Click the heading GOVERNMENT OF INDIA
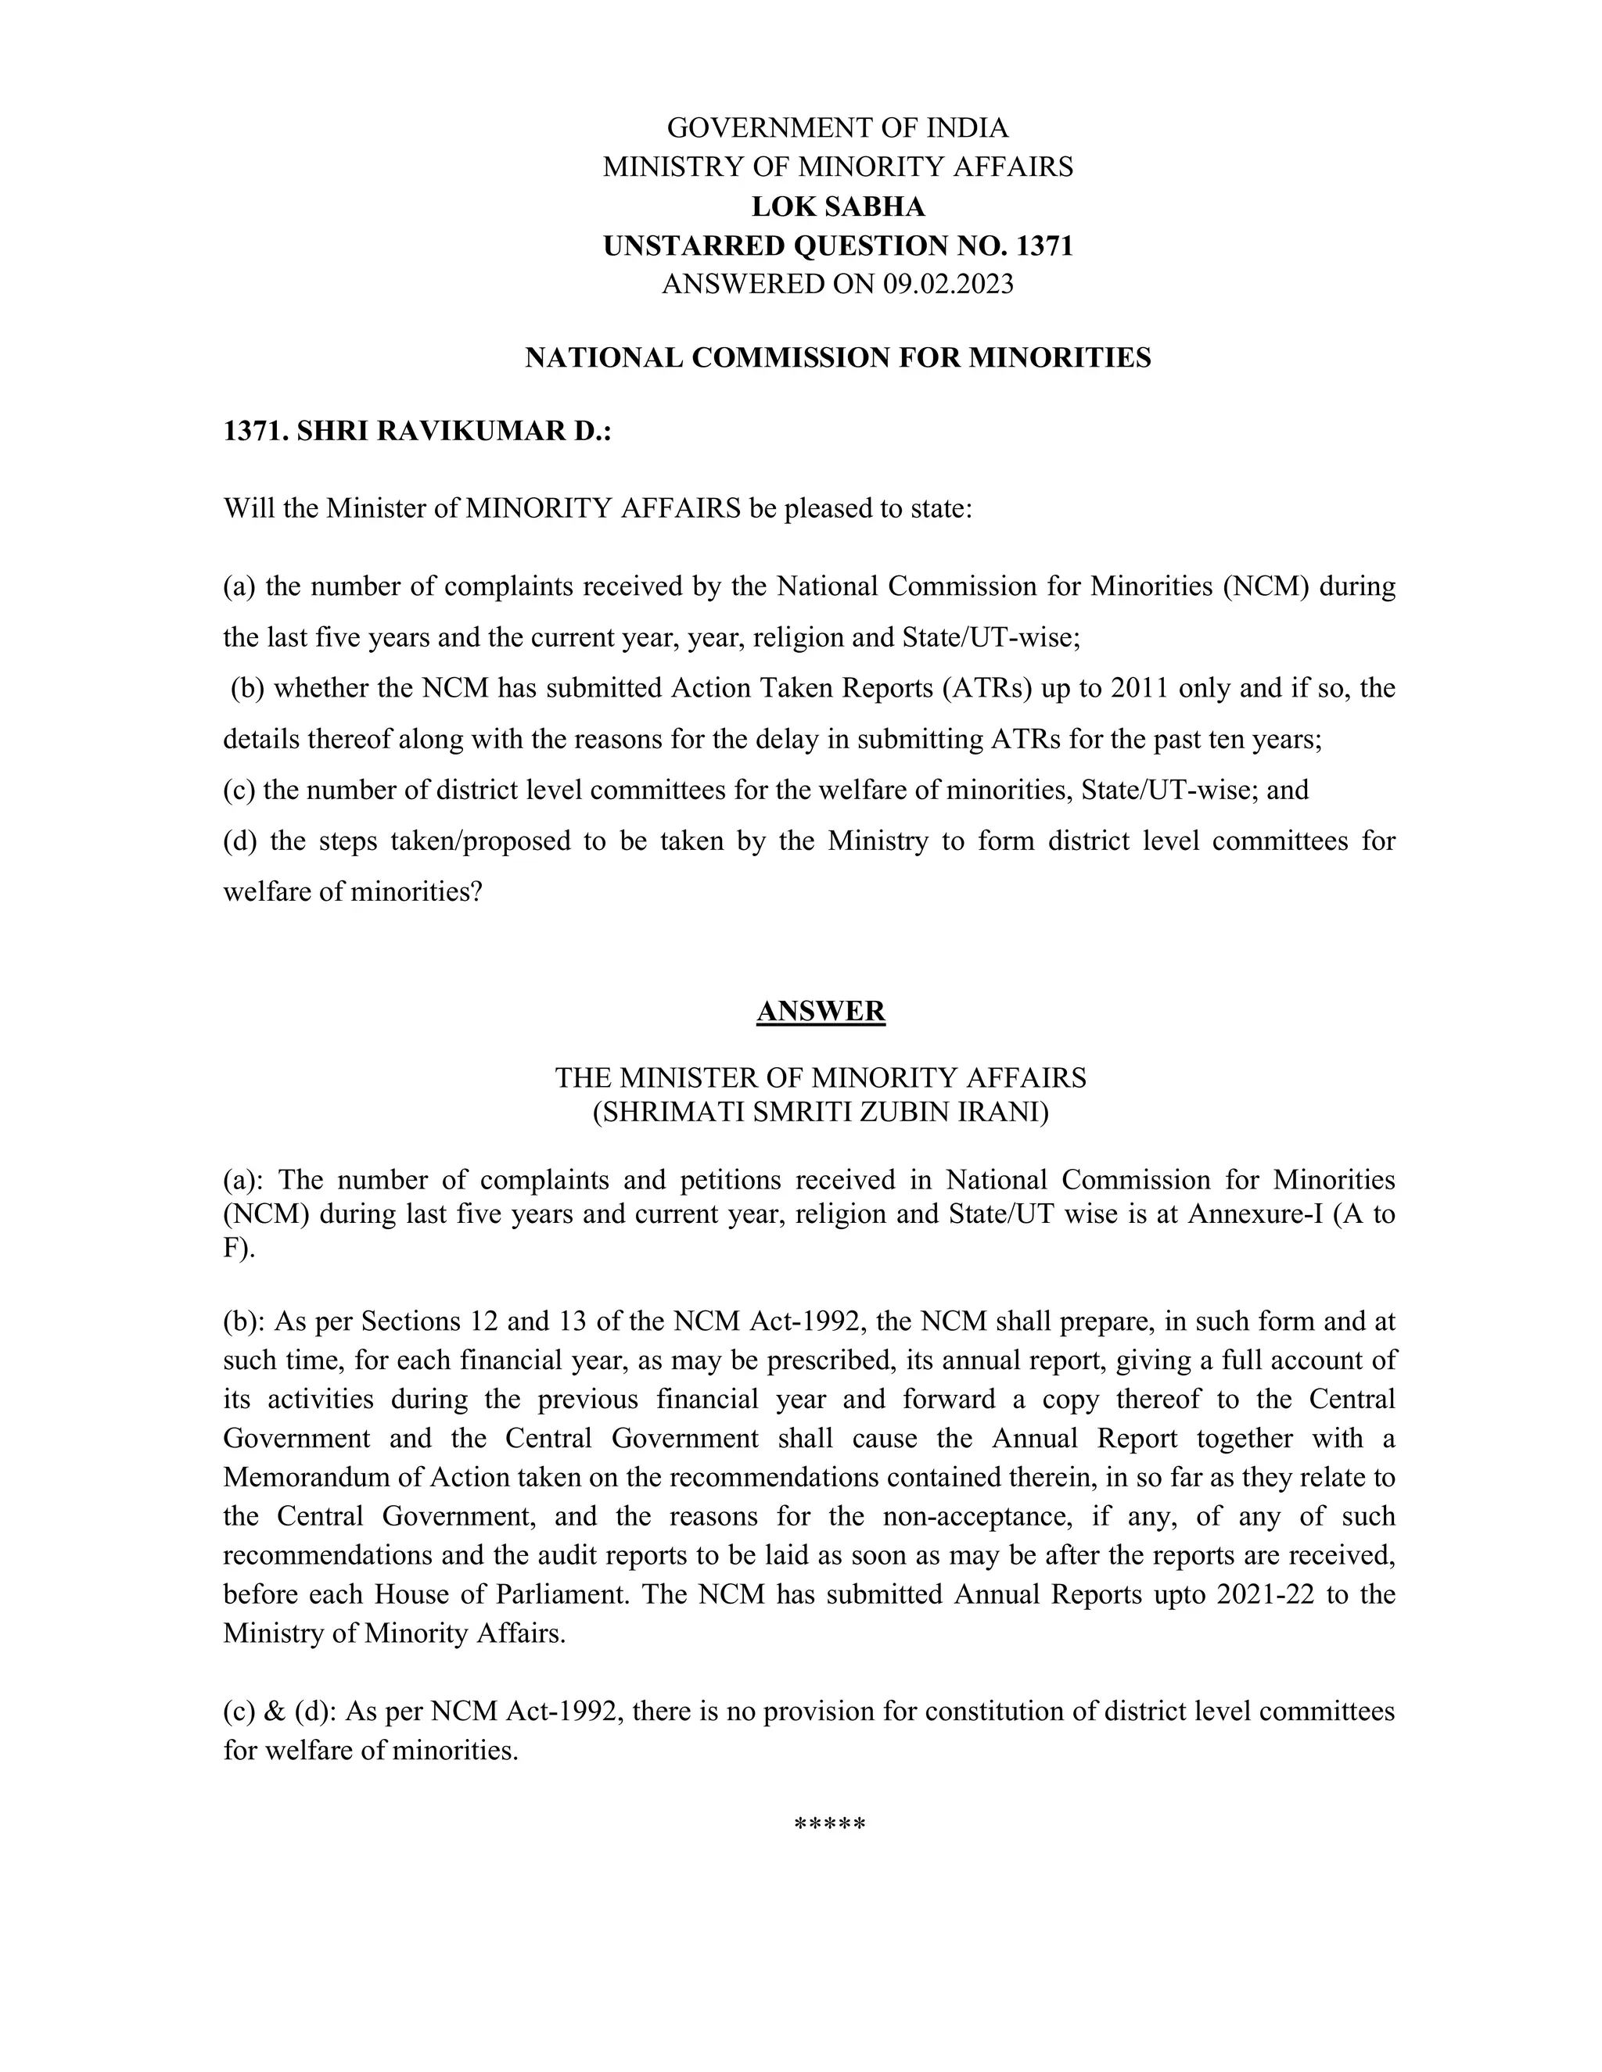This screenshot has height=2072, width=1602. tap(838, 127)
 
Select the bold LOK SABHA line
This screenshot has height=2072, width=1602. tap(838, 206)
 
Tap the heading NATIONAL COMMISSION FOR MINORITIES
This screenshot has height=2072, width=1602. tap(838, 357)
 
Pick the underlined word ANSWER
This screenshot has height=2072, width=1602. tap(821, 1011)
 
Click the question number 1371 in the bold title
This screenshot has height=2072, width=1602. tap(1044, 246)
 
